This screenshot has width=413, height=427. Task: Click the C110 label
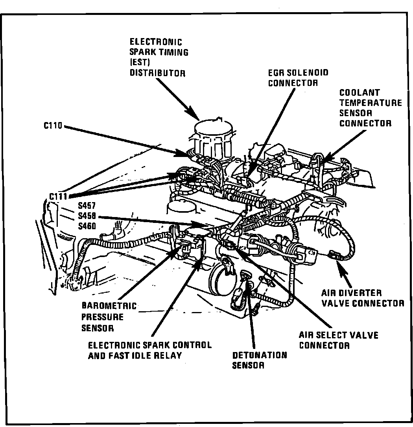click(53, 127)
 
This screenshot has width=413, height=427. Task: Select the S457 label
click(87, 206)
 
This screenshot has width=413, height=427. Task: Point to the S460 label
click(87, 226)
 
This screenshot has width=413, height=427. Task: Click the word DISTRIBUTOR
click(157, 73)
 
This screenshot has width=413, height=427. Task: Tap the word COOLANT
click(360, 93)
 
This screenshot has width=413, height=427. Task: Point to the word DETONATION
click(259, 356)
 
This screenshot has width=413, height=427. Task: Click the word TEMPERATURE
click(371, 103)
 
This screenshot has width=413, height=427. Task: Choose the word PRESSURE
click(103, 317)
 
